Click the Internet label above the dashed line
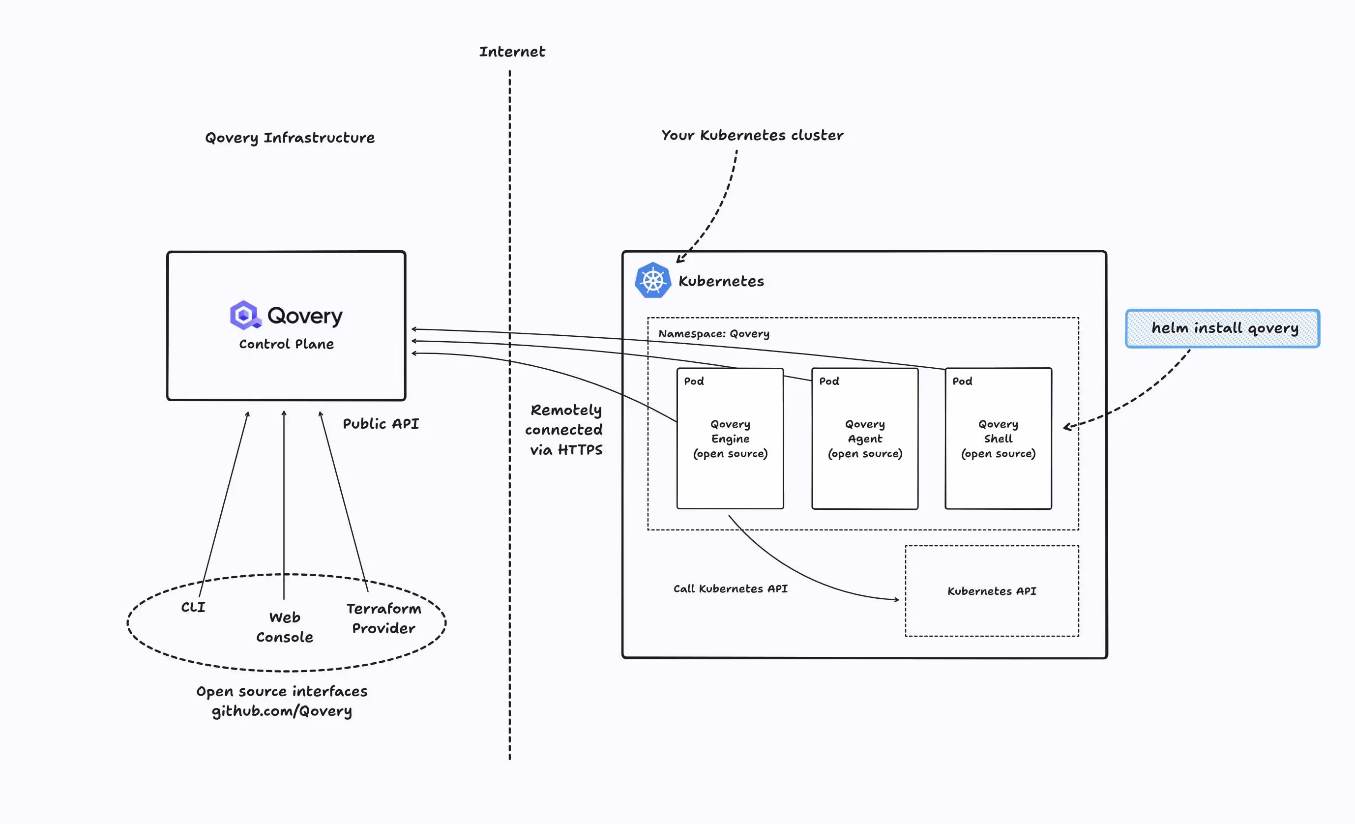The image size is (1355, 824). (x=511, y=52)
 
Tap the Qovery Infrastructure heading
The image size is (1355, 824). (x=290, y=138)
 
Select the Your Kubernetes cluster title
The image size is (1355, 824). (x=752, y=135)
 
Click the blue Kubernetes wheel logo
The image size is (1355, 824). (x=653, y=281)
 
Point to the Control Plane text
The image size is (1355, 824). (x=286, y=344)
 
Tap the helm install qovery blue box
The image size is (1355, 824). (x=1222, y=328)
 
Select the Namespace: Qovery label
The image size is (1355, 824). (x=714, y=334)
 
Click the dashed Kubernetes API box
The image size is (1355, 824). (x=992, y=591)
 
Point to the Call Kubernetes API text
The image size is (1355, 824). (x=730, y=589)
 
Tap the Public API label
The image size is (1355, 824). (x=381, y=423)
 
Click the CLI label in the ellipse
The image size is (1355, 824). (x=193, y=607)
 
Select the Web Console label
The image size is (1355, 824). (x=284, y=627)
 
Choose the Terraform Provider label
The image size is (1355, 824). (x=383, y=618)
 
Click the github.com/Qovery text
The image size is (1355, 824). (x=282, y=711)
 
